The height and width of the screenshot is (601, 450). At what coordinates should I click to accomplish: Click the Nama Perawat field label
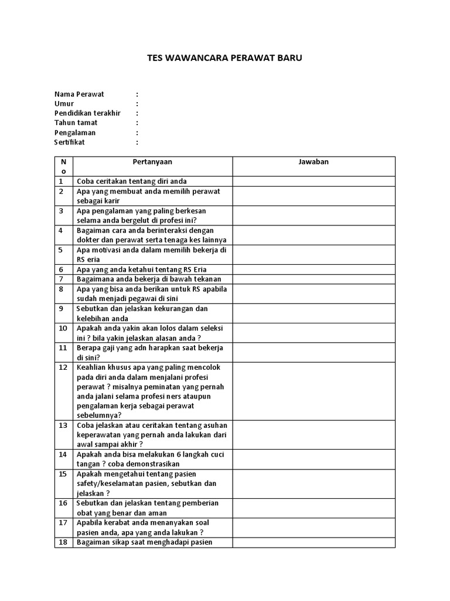click(x=79, y=94)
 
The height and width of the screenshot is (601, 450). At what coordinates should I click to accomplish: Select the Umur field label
click(x=64, y=103)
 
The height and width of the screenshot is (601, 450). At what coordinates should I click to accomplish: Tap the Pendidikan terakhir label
click(x=87, y=113)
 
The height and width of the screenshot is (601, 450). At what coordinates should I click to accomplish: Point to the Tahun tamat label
click(x=76, y=123)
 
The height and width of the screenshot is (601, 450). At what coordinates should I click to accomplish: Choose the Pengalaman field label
click(x=75, y=133)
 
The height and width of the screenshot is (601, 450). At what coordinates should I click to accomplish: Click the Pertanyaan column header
click(x=152, y=161)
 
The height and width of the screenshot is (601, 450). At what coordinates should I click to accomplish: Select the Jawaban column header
click(x=313, y=161)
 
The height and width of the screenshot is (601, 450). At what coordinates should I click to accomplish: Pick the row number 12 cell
click(x=63, y=367)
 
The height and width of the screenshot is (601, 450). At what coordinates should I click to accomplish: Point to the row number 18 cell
click(x=63, y=542)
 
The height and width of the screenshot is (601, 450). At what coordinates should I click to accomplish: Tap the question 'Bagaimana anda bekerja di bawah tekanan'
click(x=149, y=279)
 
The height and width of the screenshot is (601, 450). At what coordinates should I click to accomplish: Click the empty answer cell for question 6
click(x=313, y=269)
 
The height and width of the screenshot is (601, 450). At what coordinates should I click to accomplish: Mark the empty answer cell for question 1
click(x=313, y=181)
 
